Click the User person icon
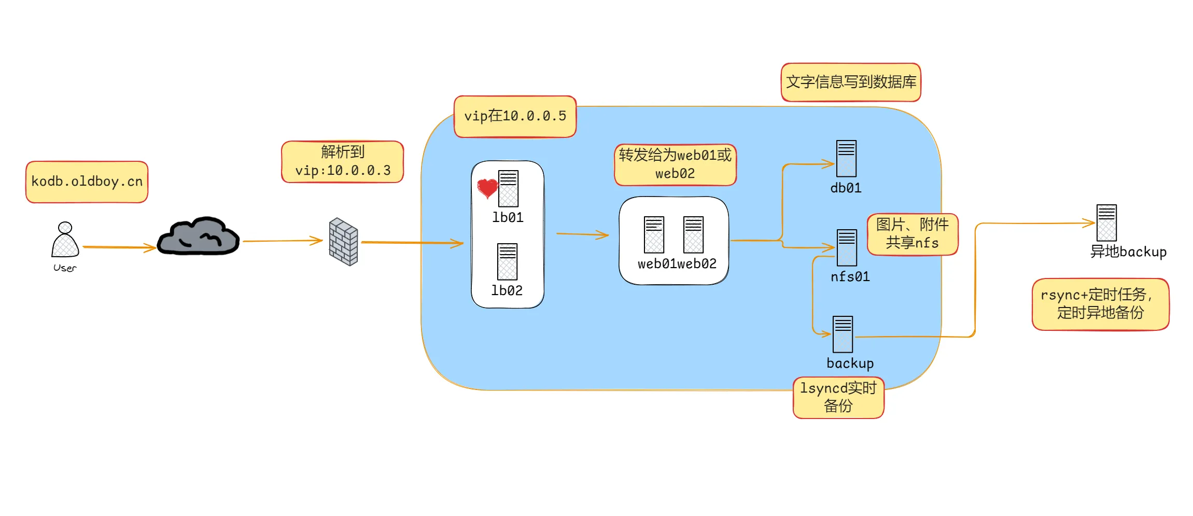65,240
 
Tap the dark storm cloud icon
198,237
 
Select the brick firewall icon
343,242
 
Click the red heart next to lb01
487,188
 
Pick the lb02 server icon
507,262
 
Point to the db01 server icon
846,159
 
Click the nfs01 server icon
847,247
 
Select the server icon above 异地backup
1106,222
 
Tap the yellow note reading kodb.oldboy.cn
87,182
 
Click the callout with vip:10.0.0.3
342,162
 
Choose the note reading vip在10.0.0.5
515,117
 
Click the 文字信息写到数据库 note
851,82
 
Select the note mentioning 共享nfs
912,234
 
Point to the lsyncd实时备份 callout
838,398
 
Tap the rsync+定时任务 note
1100,304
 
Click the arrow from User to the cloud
119,247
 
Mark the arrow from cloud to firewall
283,241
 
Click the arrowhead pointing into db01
829,164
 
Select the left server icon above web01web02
654,235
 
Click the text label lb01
508,217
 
